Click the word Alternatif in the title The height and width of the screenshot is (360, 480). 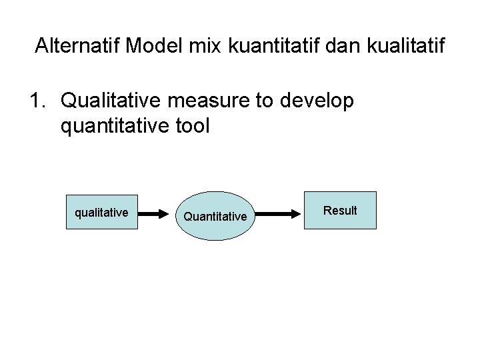(x=77, y=46)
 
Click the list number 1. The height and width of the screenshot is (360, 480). (x=37, y=101)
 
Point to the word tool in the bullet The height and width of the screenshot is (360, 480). (x=193, y=125)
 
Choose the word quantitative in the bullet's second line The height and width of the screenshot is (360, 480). (x=114, y=125)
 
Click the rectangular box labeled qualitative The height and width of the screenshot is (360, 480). (x=101, y=213)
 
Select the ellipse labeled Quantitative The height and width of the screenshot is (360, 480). (x=215, y=215)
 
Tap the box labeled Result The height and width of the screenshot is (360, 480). (x=340, y=211)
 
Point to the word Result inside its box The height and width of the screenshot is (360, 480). (x=340, y=211)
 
